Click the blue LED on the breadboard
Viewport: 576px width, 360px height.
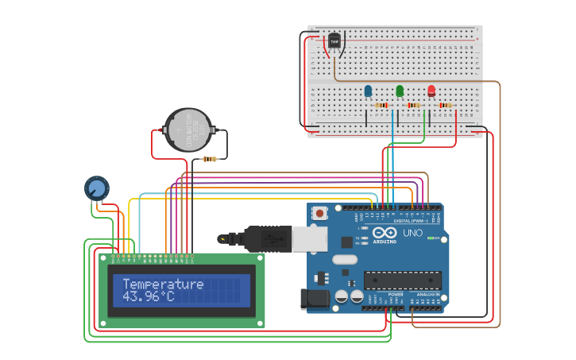[x=368, y=91]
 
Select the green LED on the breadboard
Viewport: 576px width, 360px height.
[x=400, y=91]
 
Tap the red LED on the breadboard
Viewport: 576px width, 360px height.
[x=431, y=91]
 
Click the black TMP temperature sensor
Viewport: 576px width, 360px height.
[x=334, y=41]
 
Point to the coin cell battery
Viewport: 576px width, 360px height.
[x=188, y=130]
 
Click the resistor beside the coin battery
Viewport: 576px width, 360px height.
[x=210, y=159]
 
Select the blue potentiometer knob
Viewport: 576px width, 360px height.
[x=96, y=188]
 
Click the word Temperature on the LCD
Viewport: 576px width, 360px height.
[x=163, y=284]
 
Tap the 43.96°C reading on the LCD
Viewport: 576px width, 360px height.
[x=148, y=296]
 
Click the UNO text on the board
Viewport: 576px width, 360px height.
[x=413, y=234]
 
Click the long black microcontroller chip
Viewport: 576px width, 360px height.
[x=402, y=281]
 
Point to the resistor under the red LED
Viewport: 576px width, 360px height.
[x=445, y=105]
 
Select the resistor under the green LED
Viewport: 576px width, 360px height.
[x=413, y=105]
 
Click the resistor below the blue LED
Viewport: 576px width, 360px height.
[x=381, y=105]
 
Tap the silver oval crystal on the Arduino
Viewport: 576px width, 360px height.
[x=345, y=259]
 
